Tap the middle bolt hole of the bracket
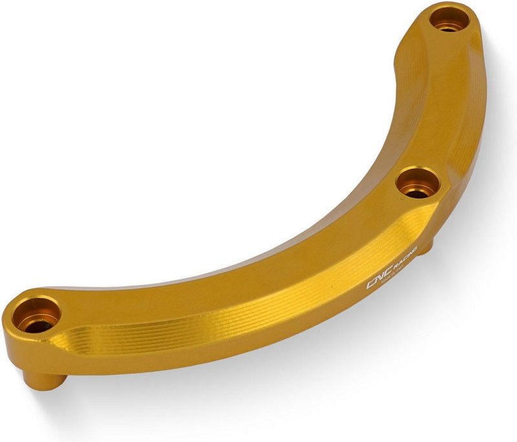click(417, 184)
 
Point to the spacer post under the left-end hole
click(45, 378)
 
